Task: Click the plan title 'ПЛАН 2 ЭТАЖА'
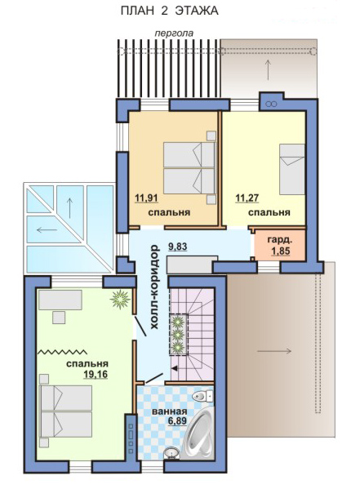(x=170, y=11)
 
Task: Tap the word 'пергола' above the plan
(x=175, y=33)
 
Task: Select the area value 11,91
(x=146, y=198)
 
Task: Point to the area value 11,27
(x=247, y=198)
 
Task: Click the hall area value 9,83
(x=177, y=247)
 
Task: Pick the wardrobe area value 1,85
(x=281, y=251)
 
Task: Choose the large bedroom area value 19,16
(x=96, y=374)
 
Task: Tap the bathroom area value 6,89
(x=177, y=421)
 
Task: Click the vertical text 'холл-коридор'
(x=155, y=287)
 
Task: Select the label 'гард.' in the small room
(x=280, y=241)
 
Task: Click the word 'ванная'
(x=170, y=411)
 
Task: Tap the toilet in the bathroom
(x=202, y=396)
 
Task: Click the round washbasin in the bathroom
(x=171, y=452)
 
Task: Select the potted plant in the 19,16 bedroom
(x=120, y=300)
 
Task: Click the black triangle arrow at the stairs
(x=175, y=368)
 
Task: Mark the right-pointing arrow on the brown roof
(x=274, y=351)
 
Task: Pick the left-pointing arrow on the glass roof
(x=47, y=230)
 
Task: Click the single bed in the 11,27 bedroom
(x=292, y=169)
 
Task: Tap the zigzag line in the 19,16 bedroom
(x=62, y=352)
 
